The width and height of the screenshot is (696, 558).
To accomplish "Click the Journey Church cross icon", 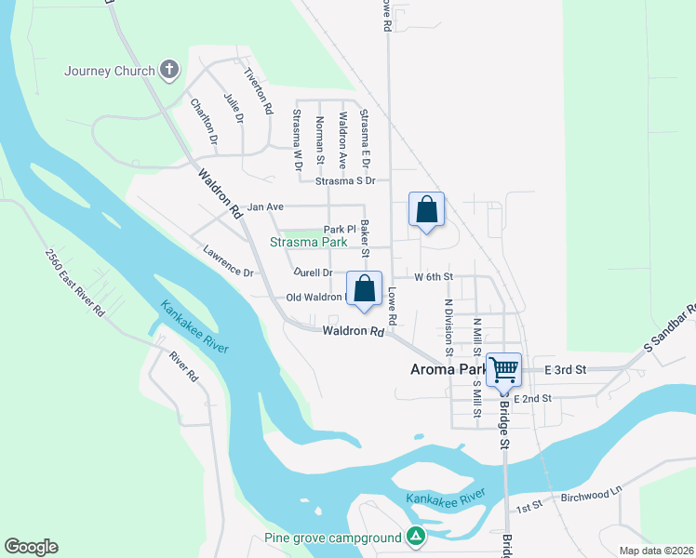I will (x=168, y=70).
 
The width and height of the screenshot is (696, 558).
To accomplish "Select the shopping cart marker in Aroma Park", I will (x=503, y=369).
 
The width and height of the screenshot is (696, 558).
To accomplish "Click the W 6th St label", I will (x=433, y=277).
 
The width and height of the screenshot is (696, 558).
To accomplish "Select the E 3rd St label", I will (x=566, y=369).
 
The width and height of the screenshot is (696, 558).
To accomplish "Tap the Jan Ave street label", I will (x=264, y=206).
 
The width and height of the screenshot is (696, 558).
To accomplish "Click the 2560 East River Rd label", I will (x=77, y=282).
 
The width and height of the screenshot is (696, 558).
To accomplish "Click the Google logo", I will (x=31, y=547).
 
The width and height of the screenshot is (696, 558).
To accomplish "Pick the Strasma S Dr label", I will (x=344, y=180).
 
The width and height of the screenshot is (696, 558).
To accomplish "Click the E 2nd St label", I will (x=532, y=398).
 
